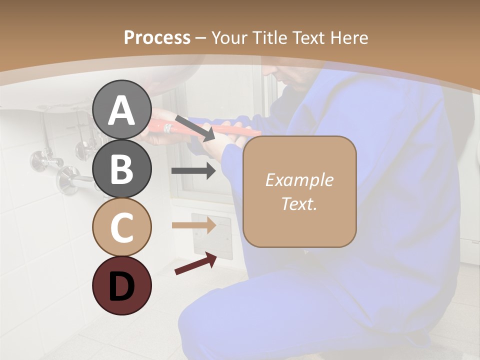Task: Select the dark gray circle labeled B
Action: (121, 169)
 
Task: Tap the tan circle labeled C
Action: (121, 227)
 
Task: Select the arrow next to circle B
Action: (193, 171)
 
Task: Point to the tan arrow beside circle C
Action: (193, 225)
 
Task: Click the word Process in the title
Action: (157, 38)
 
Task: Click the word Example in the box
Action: (299, 180)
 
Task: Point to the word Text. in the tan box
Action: (299, 203)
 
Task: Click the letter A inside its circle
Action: (121, 110)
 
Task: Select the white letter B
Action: (121, 169)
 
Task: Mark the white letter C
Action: (121, 227)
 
